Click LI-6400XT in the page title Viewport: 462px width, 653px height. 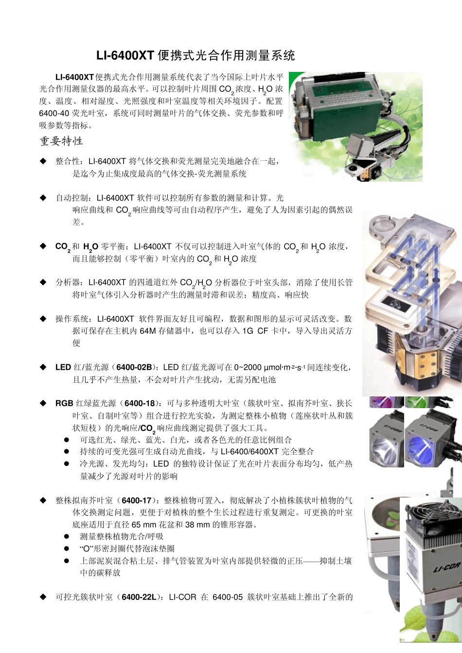[x=125, y=55]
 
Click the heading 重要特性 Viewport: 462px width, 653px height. [x=61, y=141]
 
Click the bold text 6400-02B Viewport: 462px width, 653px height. [x=134, y=367]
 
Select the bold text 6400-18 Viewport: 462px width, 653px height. [x=140, y=403]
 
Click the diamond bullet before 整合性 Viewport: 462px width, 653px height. [x=43, y=161]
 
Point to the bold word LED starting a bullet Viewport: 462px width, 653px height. [x=63, y=367]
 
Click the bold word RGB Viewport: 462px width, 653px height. [x=64, y=403]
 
